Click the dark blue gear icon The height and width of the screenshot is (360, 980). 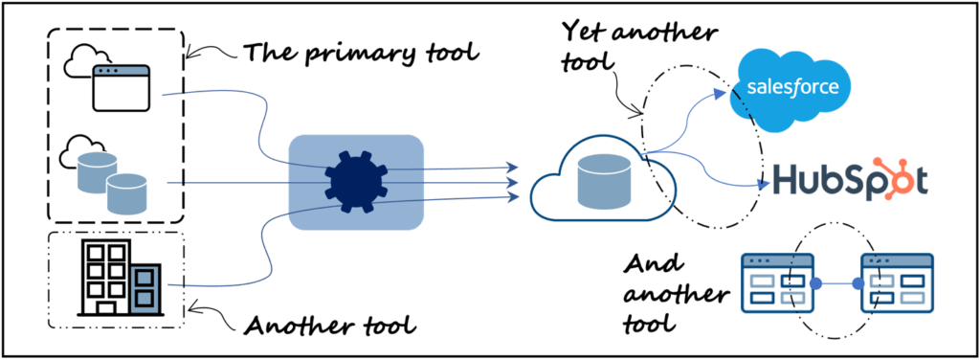355,182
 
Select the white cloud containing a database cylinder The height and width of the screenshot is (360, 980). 602,182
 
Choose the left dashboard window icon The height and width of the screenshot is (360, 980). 776,284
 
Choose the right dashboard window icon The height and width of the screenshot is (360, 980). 896,284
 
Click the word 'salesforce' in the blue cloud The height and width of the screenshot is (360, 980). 792,88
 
